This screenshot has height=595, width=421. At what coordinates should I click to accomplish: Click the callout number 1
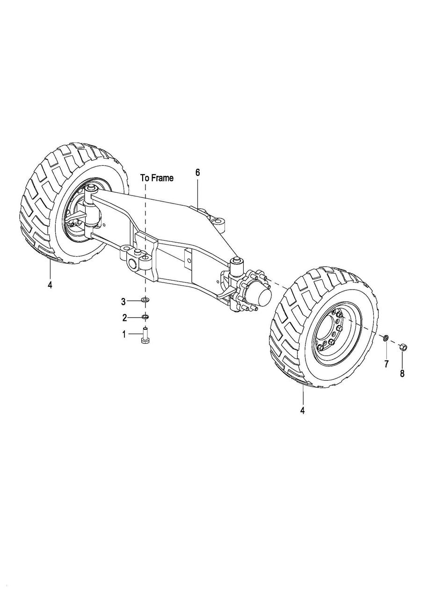coord(124,334)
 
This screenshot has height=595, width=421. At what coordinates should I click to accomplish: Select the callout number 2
coord(124,318)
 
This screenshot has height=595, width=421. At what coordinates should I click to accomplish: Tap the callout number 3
coord(124,301)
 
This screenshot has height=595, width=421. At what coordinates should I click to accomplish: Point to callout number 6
coord(197,173)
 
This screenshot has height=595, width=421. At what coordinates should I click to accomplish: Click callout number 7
coord(386,364)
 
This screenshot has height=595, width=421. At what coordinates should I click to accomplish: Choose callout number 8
coord(402,373)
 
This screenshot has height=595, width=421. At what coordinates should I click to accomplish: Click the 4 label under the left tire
coord(50,285)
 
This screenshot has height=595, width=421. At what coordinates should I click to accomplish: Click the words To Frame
coord(157,178)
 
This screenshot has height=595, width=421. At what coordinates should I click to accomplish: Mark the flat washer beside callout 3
coord(145,300)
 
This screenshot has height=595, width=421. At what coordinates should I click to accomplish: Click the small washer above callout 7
coord(385,338)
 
